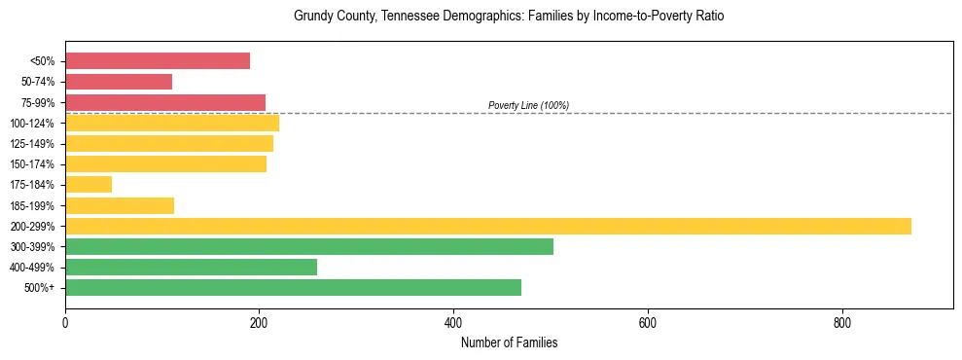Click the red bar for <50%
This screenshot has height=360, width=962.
pos(158,61)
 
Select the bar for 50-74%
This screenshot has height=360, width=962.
pos(119,82)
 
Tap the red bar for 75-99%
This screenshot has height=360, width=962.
pos(165,102)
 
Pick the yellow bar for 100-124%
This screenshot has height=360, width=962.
pos(172,123)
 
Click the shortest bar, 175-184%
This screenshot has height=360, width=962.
pos(89,184)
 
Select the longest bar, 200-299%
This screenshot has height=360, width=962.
pos(488,226)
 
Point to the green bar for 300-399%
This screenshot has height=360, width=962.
pos(309,246)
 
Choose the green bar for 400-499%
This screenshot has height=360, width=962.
pos(191,267)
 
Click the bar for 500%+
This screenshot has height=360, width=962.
pos(293,287)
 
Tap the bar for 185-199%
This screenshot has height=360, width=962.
pos(120,205)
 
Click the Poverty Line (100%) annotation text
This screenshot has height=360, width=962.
pos(528,105)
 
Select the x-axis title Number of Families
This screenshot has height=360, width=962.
pos(509,342)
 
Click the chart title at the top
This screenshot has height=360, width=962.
pos(509,17)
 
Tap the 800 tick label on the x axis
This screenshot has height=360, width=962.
pos(842,323)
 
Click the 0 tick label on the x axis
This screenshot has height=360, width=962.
pos(65,323)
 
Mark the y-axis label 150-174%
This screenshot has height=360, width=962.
pos(32,164)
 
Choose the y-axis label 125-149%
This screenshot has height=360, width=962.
pos(32,144)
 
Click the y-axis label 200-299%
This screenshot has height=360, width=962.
pos(32,227)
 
